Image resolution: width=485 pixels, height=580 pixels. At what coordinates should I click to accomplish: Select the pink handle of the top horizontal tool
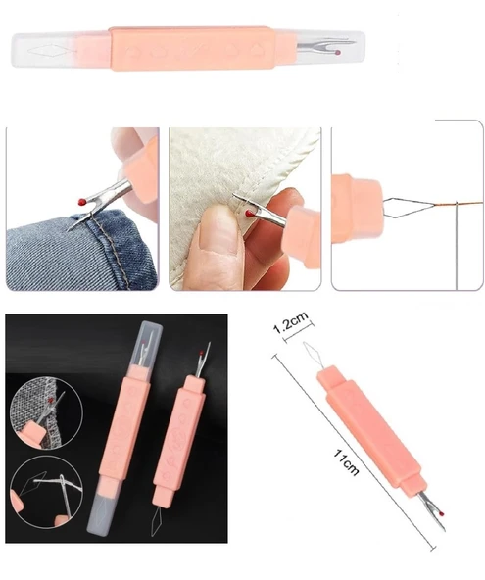(191, 48)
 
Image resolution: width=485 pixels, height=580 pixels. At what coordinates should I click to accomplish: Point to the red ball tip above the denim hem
(82, 201)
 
